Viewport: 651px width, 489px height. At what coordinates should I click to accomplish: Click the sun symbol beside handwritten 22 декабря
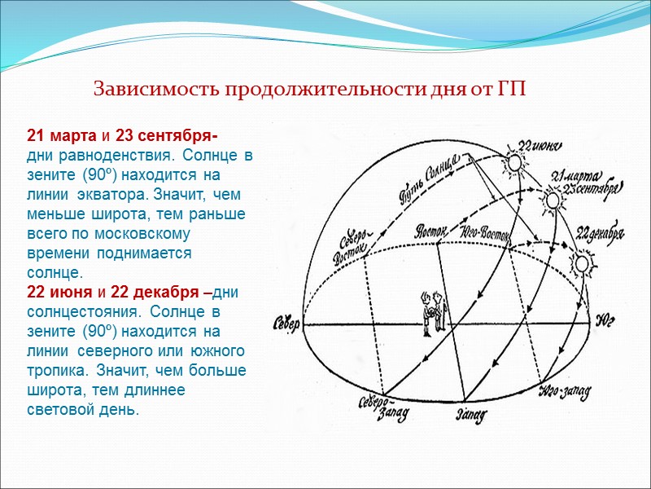point(581,265)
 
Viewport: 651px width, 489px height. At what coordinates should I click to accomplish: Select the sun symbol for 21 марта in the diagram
point(553,199)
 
